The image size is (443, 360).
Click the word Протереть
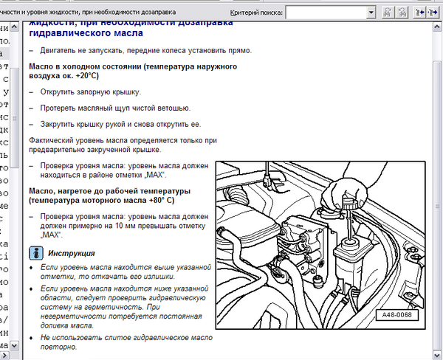[x=62, y=108]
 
